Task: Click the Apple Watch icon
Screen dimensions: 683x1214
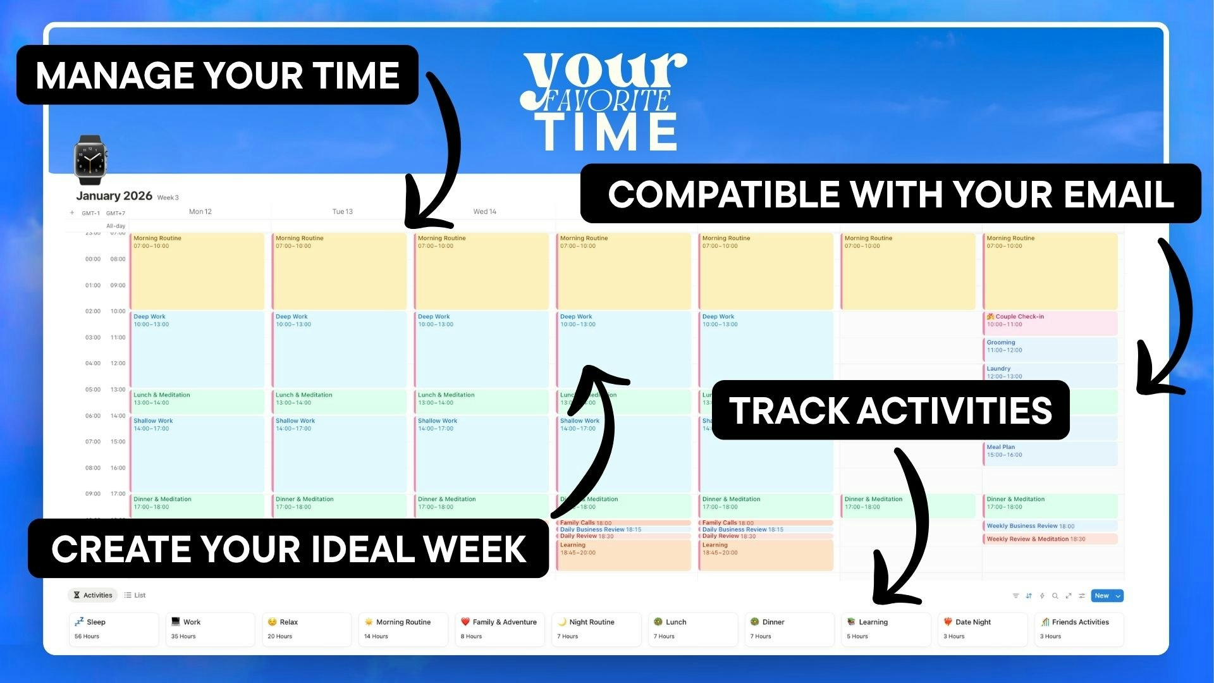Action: (90, 159)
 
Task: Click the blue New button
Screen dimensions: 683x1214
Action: (1101, 596)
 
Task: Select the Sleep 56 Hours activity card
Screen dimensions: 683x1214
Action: (114, 629)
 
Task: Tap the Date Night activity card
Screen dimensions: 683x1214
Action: (982, 629)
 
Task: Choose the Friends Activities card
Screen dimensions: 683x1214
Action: (1079, 629)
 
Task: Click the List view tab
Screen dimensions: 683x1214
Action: (135, 595)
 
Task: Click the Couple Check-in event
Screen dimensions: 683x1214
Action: (1050, 321)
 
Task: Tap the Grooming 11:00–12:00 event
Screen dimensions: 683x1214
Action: (1050, 347)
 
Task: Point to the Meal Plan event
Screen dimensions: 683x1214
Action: (1050, 451)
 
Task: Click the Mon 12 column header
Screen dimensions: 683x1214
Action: (200, 212)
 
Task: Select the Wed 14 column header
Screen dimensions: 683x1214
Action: (484, 212)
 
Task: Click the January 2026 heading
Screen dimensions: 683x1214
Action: (114, 196)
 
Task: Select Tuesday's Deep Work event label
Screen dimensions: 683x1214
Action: (292, 317)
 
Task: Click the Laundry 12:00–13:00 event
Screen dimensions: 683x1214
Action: (1050, 372)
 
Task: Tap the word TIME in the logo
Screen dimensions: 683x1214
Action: (607, 133)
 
